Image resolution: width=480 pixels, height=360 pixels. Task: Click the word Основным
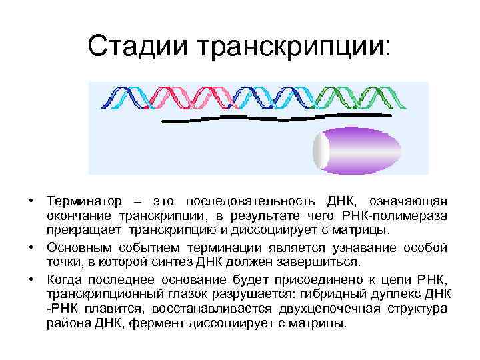click(x=76, y=247)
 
